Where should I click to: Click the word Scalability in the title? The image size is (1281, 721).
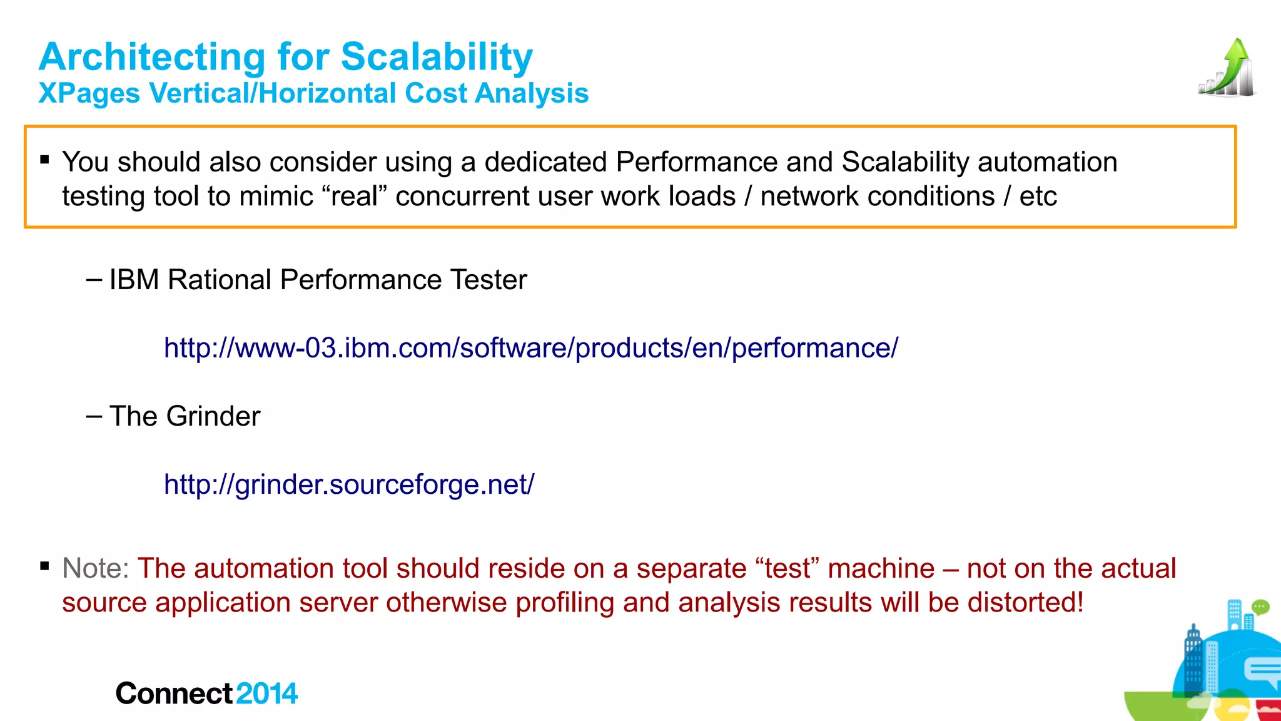437,57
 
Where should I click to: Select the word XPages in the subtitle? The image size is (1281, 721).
89,94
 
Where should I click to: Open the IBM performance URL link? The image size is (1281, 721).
530,348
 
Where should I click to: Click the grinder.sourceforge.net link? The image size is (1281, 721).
348,484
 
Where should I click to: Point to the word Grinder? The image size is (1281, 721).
213,416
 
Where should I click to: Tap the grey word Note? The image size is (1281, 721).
96,568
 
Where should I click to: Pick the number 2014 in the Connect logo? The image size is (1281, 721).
267,693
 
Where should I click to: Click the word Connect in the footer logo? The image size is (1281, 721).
174,693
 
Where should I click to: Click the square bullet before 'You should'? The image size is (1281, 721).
44,160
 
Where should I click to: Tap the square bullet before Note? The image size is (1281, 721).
44,566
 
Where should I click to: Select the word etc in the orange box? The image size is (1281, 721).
1038,196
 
